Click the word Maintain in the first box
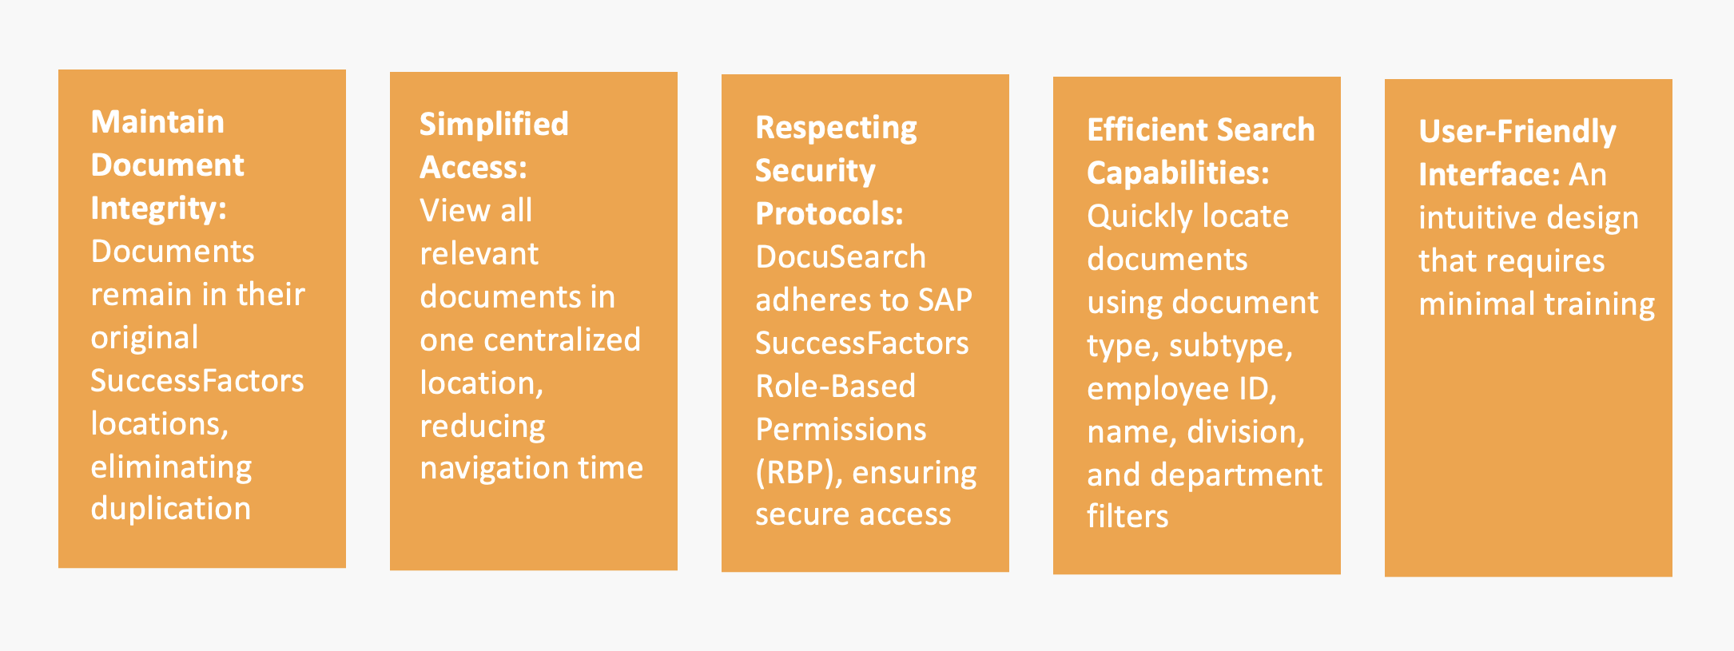pos(157,122)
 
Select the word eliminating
pos(172,466)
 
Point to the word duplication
pos(171,509)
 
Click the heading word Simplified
pos(494,125)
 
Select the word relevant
pos(479,254)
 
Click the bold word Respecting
pos(836,129)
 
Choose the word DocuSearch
pos(841,257)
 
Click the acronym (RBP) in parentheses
pos(799,473)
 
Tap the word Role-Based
pos(836,387)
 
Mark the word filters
pos(1127,517)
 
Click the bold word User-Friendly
pos(1517,133)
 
